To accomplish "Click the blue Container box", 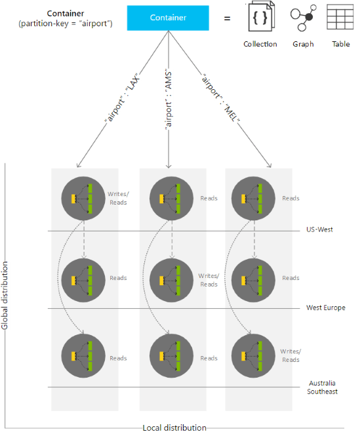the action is (x=168, y=18).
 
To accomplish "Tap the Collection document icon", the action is (x=262, y=16).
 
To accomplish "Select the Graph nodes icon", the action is (x=304, y=18).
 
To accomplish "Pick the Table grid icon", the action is (x=340, y=17).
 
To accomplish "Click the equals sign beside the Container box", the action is (x=228, y=19).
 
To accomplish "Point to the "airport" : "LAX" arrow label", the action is (x=122, y=98).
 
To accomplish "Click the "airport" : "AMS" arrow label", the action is (x=168, y=99).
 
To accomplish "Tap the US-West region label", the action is (x=319, y=229).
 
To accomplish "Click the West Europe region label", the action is (x=326, y=308).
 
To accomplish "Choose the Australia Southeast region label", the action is (x=323, y=387).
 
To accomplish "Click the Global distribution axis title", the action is (x=5, y=296).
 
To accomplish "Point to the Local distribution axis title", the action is (x=174, y=428).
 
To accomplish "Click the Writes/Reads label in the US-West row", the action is (x=118, y=198).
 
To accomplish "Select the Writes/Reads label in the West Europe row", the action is (x=209, y=280).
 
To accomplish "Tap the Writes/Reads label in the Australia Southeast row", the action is (x=290, y=355).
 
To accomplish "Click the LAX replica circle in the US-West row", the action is (x=83, y=198).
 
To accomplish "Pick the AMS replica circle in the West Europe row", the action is (x=172, y=280).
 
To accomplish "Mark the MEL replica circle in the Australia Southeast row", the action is (x=253, y=356).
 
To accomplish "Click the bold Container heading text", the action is (x=66, y=13).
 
